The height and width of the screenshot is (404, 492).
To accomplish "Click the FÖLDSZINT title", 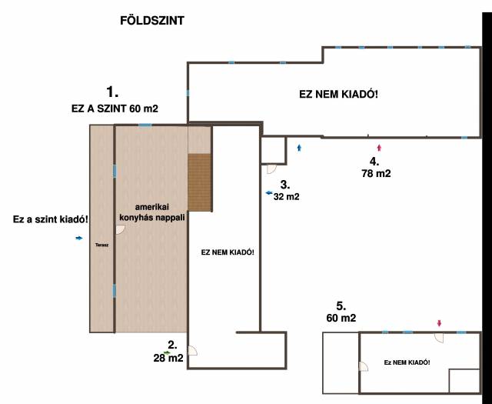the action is tap(152, 21).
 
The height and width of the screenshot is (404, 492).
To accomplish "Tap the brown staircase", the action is tap(199, 182).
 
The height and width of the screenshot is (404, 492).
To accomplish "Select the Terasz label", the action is tap(102, 245).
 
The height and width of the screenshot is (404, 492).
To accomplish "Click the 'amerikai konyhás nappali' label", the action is tap(152, 212).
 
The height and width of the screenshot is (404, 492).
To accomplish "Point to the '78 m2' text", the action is tap(376, 173).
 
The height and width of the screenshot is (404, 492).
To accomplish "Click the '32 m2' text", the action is tap(287, 197).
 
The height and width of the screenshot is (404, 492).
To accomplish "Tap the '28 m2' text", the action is tap(168, 358).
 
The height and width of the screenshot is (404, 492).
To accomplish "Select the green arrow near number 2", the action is tap(167, 352).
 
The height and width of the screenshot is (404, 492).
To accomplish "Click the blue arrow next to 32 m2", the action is tap(269, 193).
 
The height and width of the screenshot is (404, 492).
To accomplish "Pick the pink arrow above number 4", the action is tap(379, 147).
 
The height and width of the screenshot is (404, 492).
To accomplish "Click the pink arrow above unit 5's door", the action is tap(439, 323).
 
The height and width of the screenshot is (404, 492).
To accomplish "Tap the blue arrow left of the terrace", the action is tap(79, 238).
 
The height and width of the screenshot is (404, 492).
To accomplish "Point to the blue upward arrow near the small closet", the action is tap(299, 147).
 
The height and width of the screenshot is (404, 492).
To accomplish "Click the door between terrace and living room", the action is tap(121, 230).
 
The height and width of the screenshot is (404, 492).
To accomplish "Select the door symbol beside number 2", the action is tap(193, 351).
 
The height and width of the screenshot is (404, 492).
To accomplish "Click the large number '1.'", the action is tap(112, 92).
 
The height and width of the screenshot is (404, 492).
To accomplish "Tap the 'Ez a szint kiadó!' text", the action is tap(51, 219).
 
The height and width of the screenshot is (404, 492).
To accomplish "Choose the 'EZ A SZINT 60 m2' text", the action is tap(115, 109).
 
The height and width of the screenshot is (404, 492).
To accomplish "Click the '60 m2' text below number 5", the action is tap(341, 318).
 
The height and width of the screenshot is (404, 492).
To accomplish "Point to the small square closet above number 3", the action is tap(274, 151).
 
